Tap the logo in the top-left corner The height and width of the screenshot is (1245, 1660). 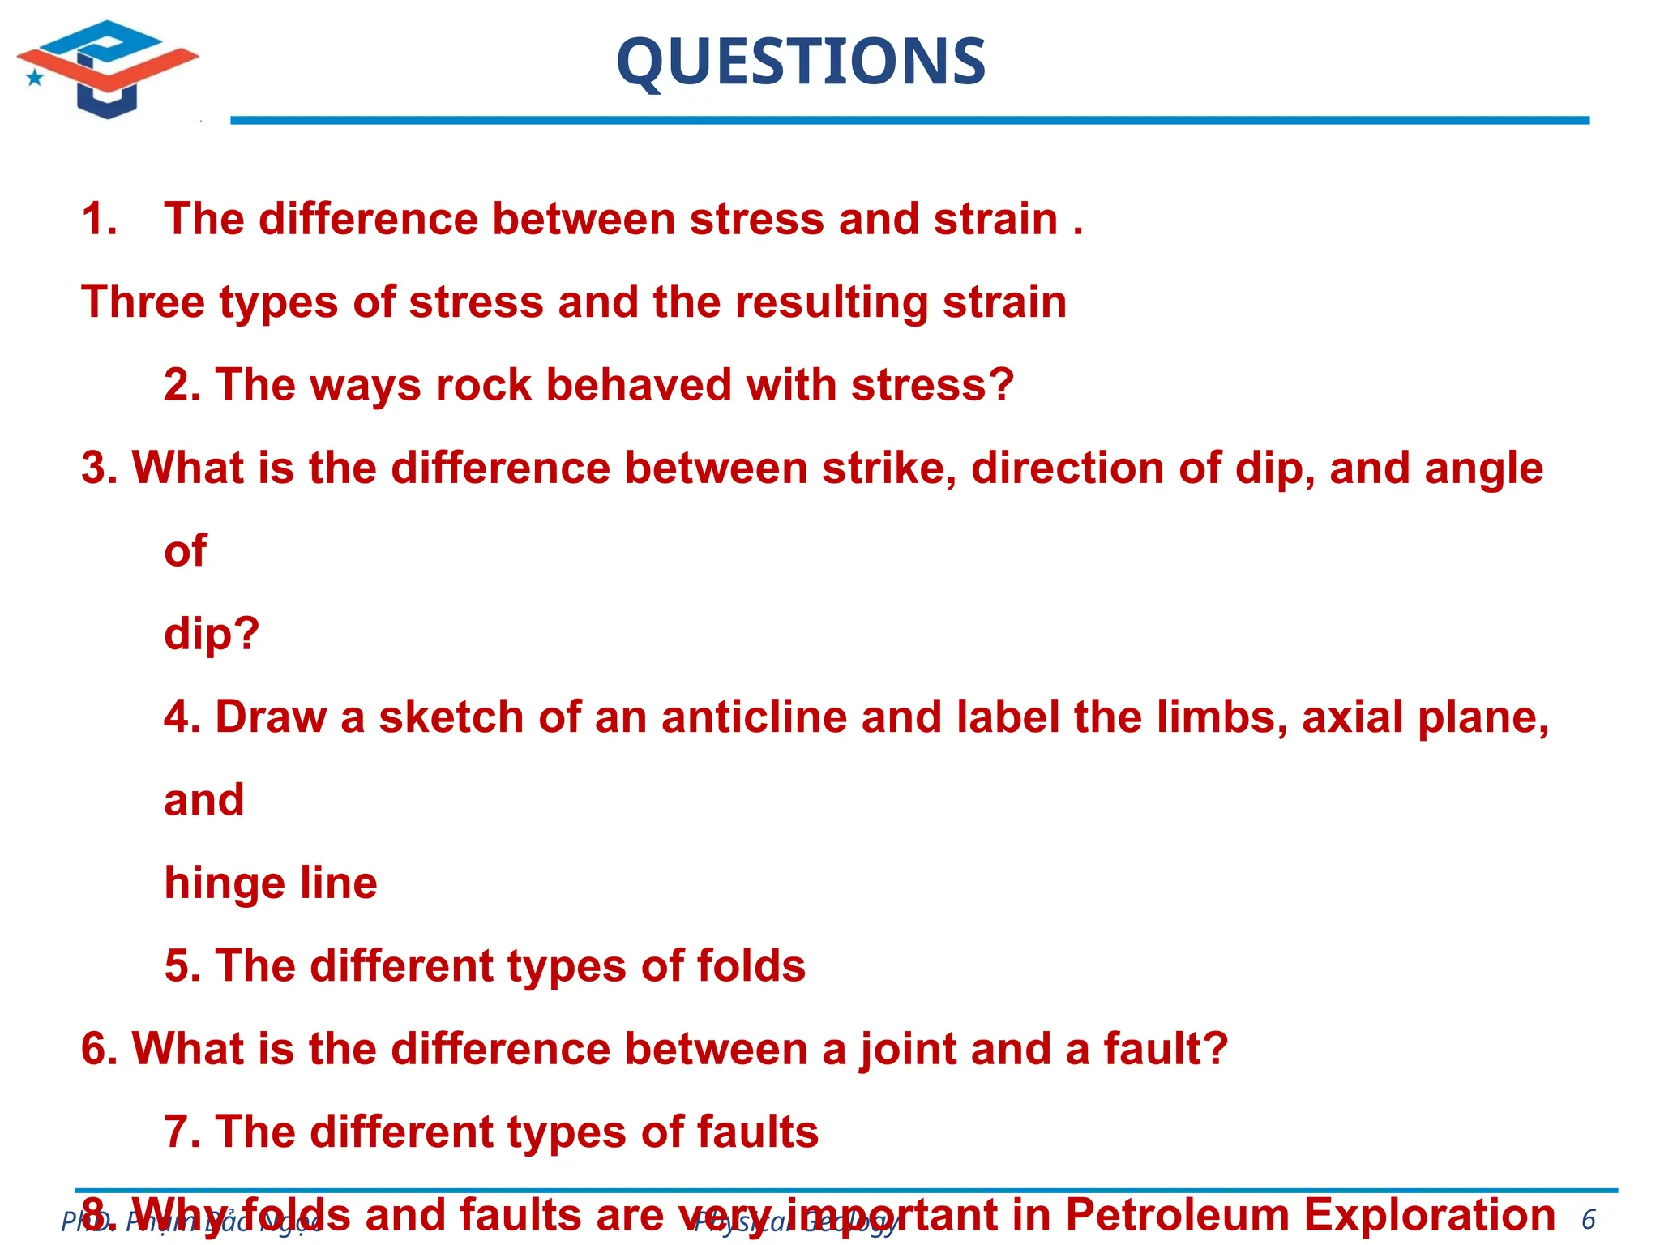click(108, 69)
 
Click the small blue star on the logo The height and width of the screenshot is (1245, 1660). click(35, 78)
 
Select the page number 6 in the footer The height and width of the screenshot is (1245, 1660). click(1588, 1219)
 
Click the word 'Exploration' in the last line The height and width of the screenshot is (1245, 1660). click(1429, 1215)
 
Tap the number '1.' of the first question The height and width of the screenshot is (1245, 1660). click(100, 220)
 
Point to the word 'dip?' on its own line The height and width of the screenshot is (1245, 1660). click(212, 634)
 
